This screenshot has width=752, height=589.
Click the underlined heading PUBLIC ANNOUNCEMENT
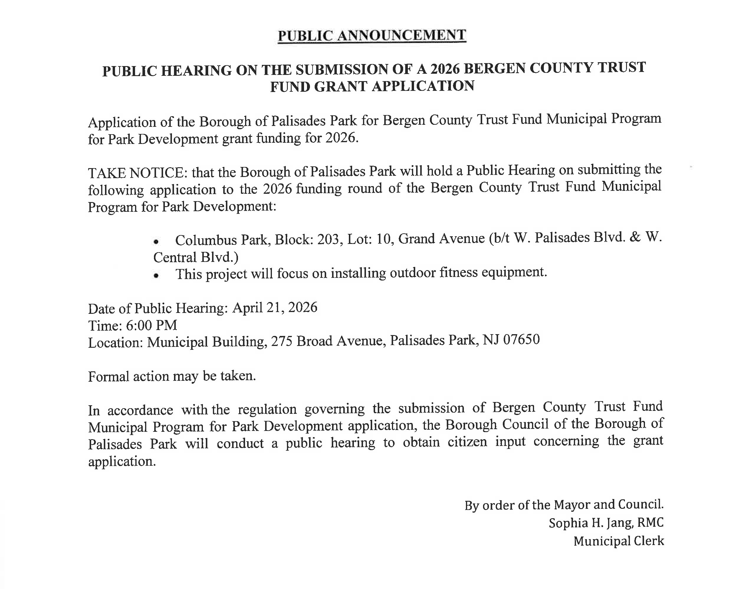372,35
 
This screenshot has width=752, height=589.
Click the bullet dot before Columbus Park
156,242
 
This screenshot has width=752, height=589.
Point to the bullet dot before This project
156,276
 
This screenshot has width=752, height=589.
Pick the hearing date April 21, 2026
275,308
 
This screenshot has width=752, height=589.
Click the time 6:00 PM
151,325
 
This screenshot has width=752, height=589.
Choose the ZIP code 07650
521,340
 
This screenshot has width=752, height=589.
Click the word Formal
109,377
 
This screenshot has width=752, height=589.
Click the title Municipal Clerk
619,541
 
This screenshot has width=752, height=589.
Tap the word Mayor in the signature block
572,505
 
